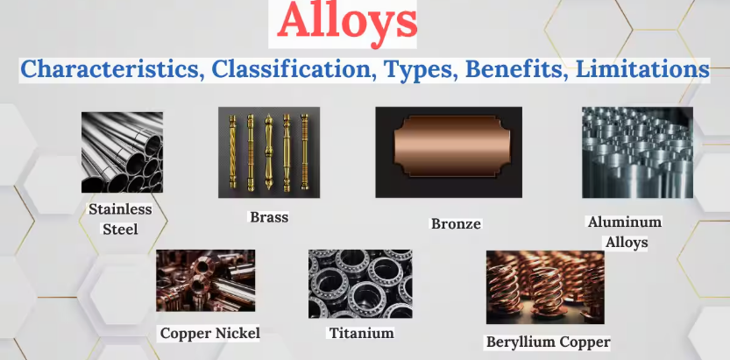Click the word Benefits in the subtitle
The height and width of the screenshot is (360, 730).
pyautogui.click(x=506, y=69)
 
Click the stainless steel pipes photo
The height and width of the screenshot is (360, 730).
pyautogui.click(x=122, y=152)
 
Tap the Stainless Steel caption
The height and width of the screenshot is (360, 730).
pyautogui.click(x=120, y=219)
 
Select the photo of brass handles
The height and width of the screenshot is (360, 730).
pyautogui.click(x=269, y=152)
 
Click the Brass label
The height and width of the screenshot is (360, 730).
pyautogui.click(x=269, y=216)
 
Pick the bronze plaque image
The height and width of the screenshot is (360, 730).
pyautogui.click(x=448, y=152)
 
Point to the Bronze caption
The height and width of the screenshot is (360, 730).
pyautogui.click(x=456, y=223)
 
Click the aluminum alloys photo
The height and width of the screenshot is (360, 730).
pyautogui.click(x=637, y=152)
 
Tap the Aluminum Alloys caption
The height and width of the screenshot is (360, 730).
pyautogui.click(x=624, y=231)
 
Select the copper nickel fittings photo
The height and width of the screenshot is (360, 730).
pyautogui.click(x=205, y=281)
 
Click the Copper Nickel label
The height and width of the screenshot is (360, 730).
pyautogui.click(x=210, y=333)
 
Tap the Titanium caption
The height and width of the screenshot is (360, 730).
pyautogui.click(x=361, y=333)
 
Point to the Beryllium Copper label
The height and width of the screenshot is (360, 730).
pyautogui.click(x=548, y=342)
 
